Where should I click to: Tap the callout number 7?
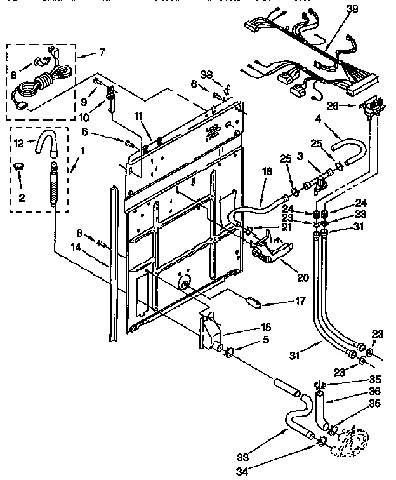click(102, 50)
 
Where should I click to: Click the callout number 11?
click(138, 116)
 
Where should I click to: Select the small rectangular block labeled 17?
click(254, 302)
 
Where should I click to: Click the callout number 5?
click(266, 340)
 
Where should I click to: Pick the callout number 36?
click(374, 391)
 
